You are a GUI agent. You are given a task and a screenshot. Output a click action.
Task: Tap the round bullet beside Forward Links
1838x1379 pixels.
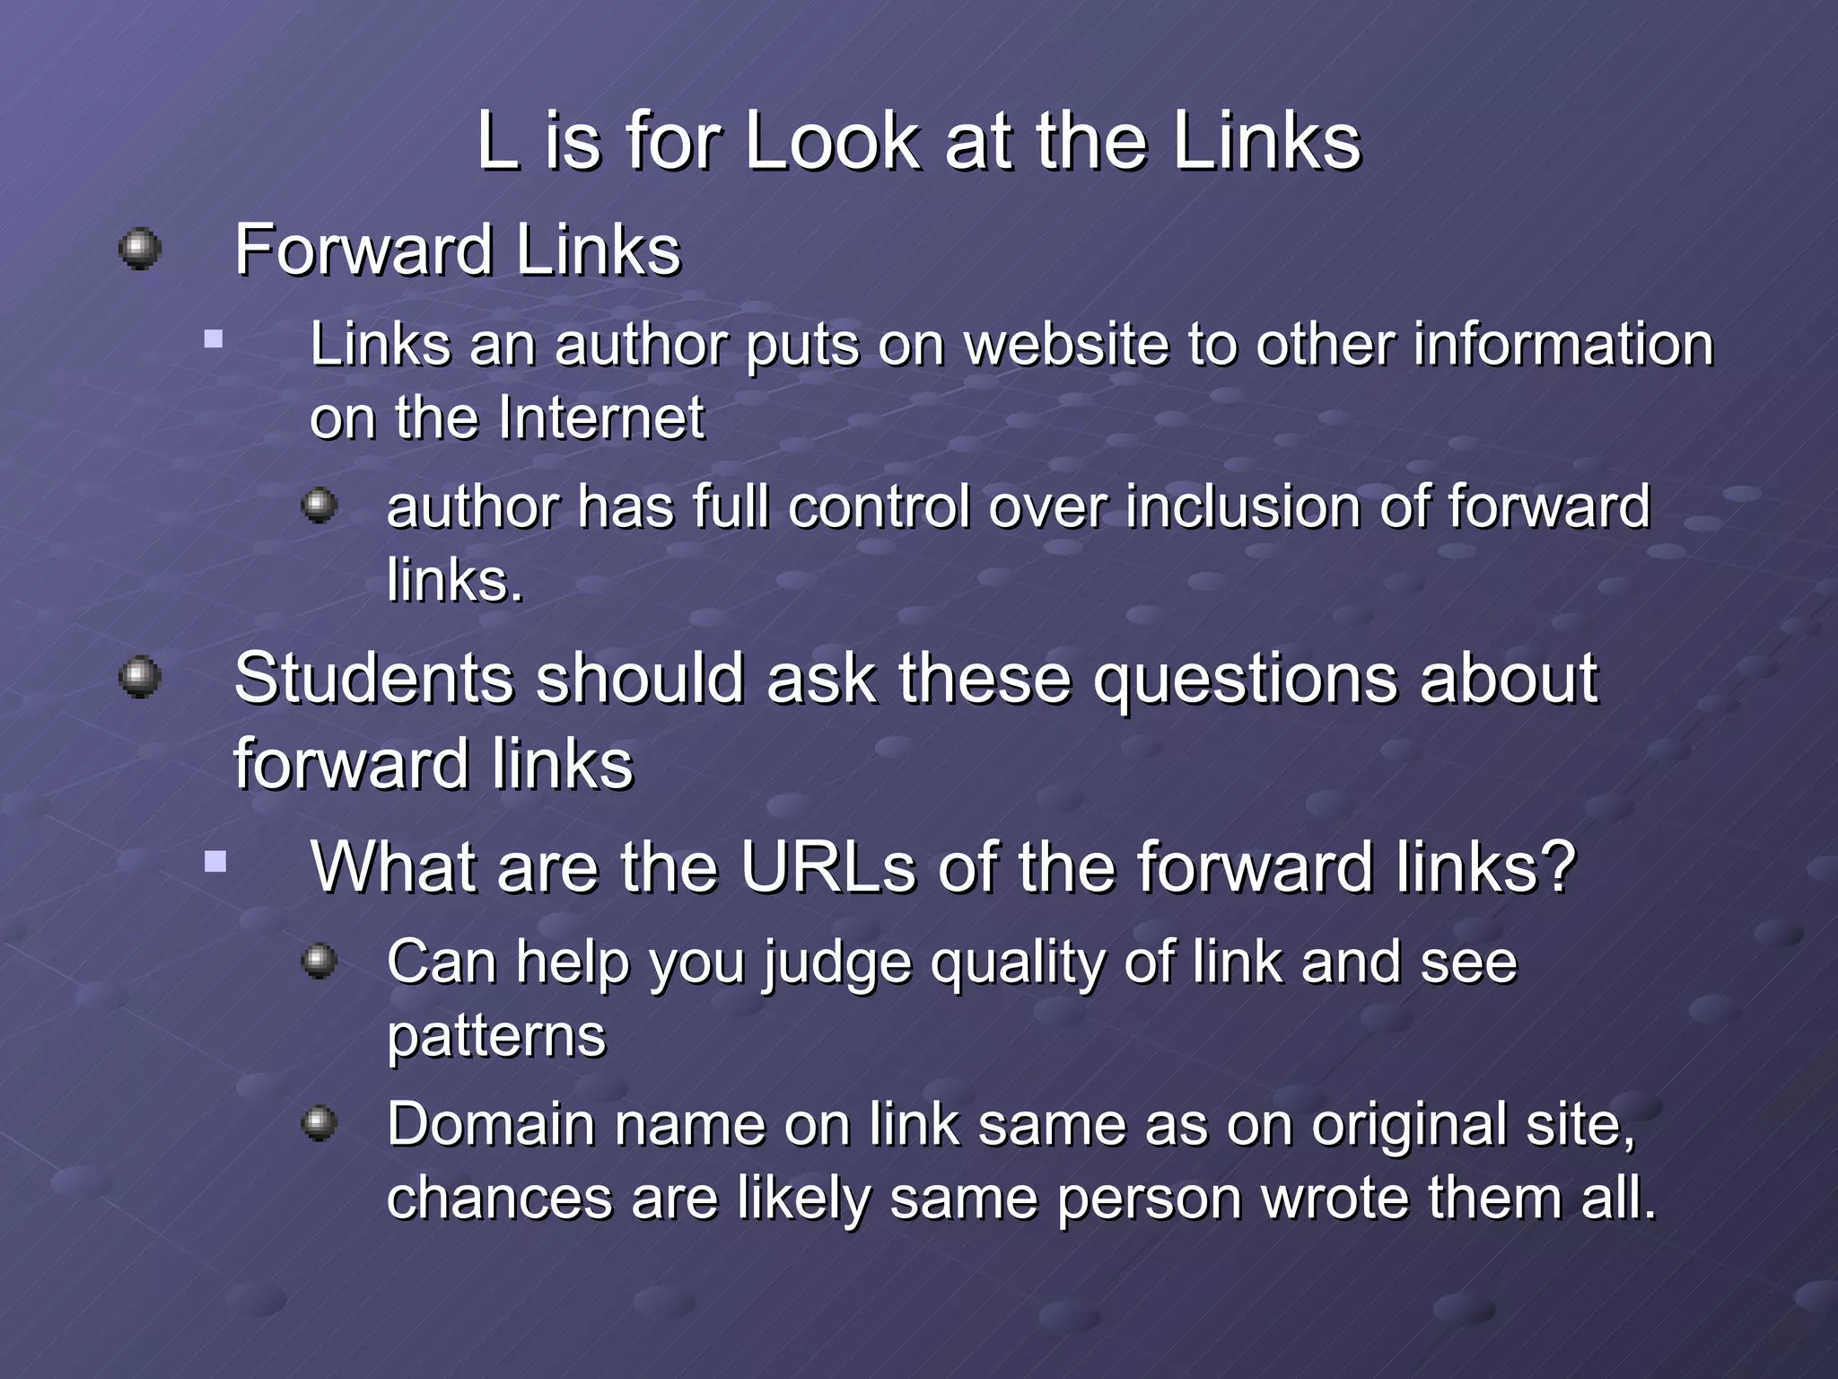point(140,248)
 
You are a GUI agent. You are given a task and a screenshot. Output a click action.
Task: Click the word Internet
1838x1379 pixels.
point(601,418)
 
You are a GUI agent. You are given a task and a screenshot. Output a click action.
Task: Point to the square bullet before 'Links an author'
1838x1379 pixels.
point(214,339)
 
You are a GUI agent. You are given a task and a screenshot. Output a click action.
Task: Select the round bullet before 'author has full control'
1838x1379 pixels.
point(319,505)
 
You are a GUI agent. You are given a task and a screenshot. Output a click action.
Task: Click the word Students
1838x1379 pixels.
point(373,679)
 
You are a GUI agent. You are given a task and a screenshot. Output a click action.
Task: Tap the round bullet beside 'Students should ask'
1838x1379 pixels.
point(140,676)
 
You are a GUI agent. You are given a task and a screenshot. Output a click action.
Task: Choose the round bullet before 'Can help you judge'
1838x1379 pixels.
point(319,962)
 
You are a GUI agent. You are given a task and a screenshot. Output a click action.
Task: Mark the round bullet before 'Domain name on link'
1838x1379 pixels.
point(319,1122)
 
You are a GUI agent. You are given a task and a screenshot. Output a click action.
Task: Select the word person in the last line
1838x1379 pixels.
point(1150,1199)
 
